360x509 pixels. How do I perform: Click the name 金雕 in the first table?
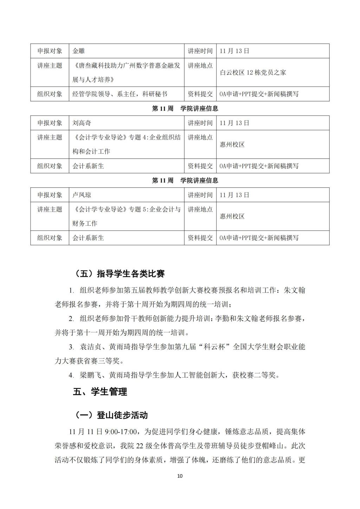click(x=79, y=51)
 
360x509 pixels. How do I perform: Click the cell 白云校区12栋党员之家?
click(x=253, y=72)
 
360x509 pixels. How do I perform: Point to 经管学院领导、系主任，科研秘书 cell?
click(x=120, y=94)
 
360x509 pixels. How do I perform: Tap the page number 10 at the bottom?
click(x=180, y=476)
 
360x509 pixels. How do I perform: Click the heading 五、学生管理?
click(x=100, y=392)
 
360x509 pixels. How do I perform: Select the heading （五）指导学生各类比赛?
click(x=120, y=274)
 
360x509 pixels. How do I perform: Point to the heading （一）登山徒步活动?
click(x=111, y=415)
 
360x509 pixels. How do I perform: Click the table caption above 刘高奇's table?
click(x=185, y=109)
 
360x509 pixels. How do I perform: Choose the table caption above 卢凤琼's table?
click(x=185, y=181)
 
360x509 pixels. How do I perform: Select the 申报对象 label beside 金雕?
click(x=50, y=51)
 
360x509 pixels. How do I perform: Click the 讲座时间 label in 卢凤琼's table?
click(x=200, y=195)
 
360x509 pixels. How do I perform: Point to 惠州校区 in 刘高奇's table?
click(x=232, y=144)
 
